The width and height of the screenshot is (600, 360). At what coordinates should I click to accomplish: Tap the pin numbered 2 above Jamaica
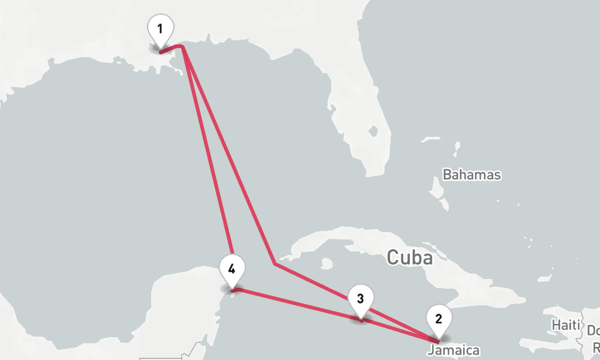(439, 319)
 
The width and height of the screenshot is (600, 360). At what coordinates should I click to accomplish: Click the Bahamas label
(472, 175)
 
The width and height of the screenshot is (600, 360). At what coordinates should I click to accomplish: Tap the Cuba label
(409, 257)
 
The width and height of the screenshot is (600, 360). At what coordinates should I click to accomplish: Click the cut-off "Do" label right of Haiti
(593, 331)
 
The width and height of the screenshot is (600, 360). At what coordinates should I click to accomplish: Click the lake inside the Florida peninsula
(373, 131)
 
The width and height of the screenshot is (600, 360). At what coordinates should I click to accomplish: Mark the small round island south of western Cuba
(326, 263)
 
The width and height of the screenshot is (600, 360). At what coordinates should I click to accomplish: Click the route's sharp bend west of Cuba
(274, 263)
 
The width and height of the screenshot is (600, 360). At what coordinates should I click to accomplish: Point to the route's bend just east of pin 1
(182, 46)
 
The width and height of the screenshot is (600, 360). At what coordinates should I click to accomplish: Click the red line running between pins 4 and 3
(300, 305)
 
